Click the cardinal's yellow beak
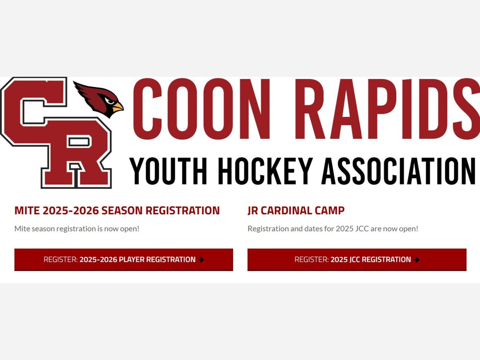pyautogui.click(x=118, y=107)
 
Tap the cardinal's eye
pyautogui.click(x=109, y=101)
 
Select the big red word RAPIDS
pyautogui.click(x=388, y=109)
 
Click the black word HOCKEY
pyautogui.click(x=265, y=171)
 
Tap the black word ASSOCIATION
pyautogui.click(x=398, y=171)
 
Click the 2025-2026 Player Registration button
pyautogui.click(x=124, y=260)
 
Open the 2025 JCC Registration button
pyautogui.click(x=357, y=260)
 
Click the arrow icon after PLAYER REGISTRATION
pyautogui.click(x=201, y=260)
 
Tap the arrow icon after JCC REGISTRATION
pyautogui.click(x=416, y=260)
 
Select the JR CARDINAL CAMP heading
pyautogui.click(x=296, y=210)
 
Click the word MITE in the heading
pyautogui.click(x=27, y=210)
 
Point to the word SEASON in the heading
pyautogui.click(x=122, y=210)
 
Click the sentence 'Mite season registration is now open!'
pyautogui.click(x=77, y=229)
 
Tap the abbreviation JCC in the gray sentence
pyautogui.click(x=362, y=229)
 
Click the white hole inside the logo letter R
pyautogui.click(x=79, y=142)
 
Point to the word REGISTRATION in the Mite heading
pyautogui.click(x=182, y=210)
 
